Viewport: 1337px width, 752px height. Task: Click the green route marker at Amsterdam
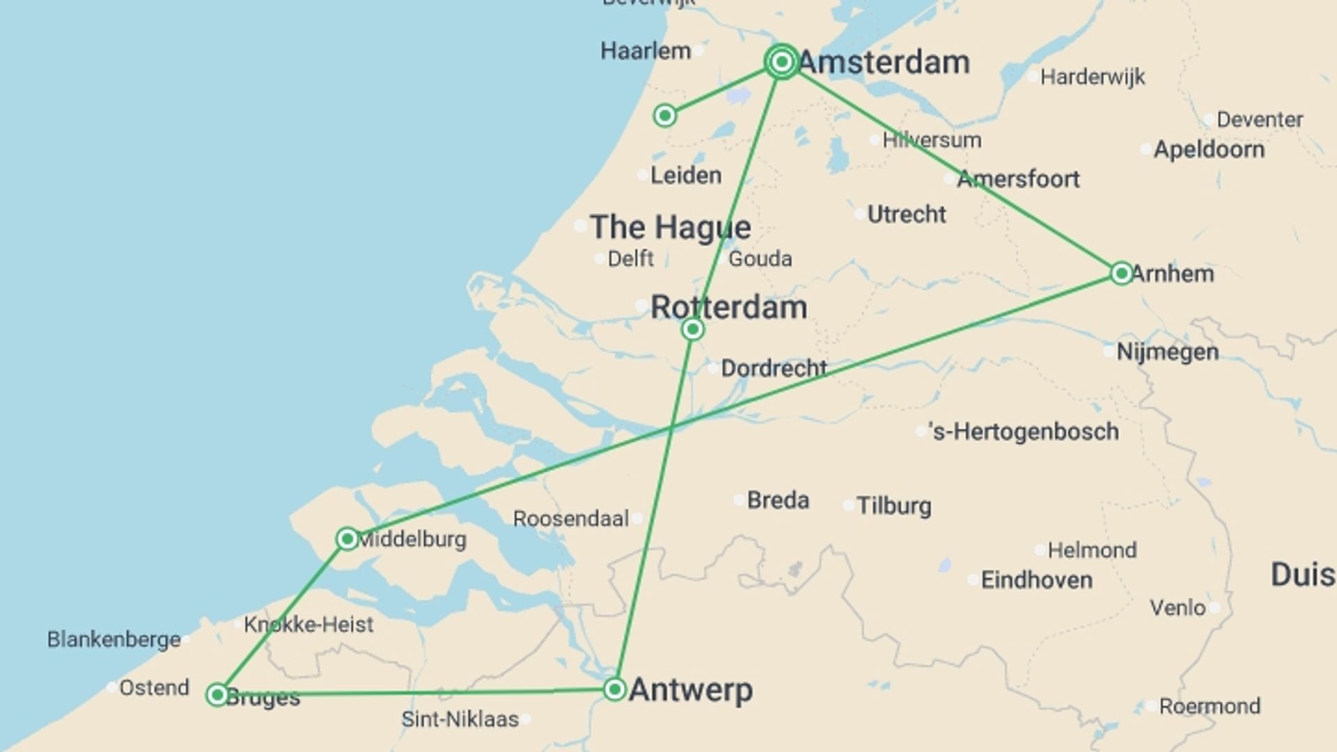point(781,62)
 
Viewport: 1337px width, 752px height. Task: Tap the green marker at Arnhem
point(1121,273)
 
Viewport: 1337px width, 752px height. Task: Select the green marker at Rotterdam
point(693,329)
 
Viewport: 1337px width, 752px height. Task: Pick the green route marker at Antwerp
point(615,689)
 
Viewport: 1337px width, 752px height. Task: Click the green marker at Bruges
point(217,694)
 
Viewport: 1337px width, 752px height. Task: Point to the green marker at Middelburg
point(347,538)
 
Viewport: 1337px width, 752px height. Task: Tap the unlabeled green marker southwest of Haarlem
point(665,115)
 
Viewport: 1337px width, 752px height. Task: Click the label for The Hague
point(671,227)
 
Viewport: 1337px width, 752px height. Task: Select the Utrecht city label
point(907,214)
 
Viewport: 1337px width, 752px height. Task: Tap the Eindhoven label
point(1036,580)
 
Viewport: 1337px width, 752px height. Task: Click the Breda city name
point(778,500)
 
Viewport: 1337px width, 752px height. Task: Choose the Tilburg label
point(893,506)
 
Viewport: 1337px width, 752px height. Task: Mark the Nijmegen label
point(1168,352)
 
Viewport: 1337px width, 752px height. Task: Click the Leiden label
point(686,175)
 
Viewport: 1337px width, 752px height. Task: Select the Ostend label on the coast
point(154,688)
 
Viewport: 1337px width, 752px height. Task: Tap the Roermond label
point(1210,706)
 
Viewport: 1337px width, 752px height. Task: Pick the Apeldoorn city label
point(1209,149)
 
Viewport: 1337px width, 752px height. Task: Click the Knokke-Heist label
point(308,625)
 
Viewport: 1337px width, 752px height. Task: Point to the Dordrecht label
point(774,368)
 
